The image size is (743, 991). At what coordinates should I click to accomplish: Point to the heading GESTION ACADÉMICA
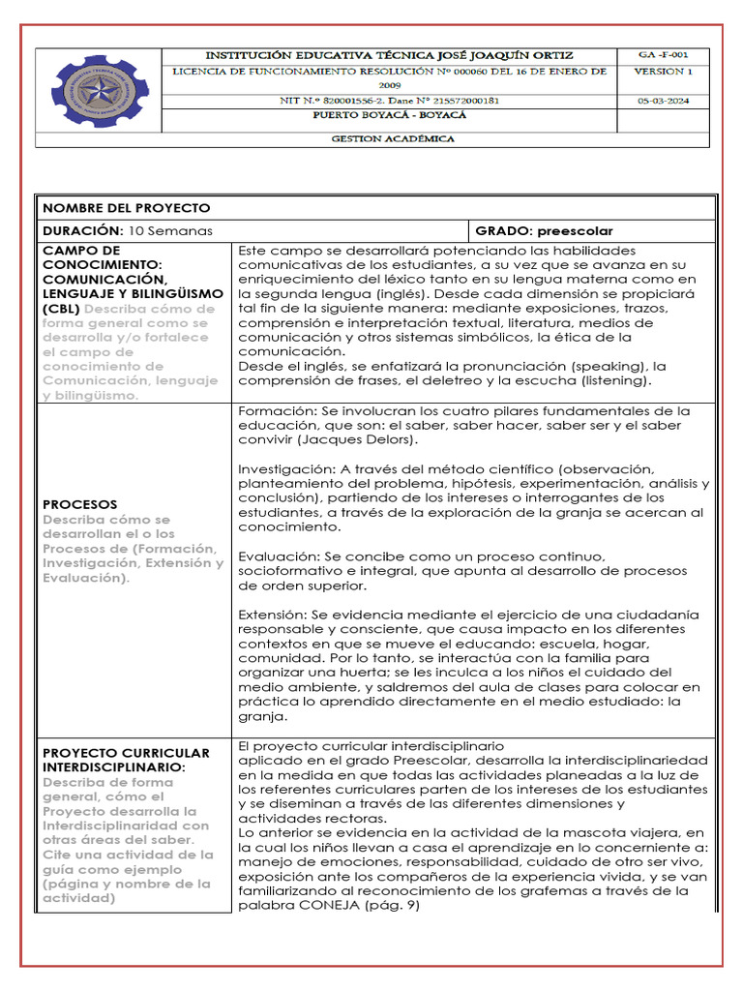[392, 138]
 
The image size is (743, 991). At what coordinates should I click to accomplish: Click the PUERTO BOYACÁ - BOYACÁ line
[392, 114]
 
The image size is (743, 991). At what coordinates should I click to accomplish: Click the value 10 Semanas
[170, 231]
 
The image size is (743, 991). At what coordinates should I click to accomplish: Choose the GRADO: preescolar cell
[544, 231]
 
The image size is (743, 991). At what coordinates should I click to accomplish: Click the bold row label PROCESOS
[80, 504]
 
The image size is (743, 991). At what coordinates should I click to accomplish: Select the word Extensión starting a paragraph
[271, 615]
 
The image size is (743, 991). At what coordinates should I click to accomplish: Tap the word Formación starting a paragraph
[273, 410]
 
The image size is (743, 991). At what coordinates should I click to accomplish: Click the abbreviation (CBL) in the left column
[60, 308]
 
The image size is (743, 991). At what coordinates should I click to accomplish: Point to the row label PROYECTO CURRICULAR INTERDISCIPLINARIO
[126, 760]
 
